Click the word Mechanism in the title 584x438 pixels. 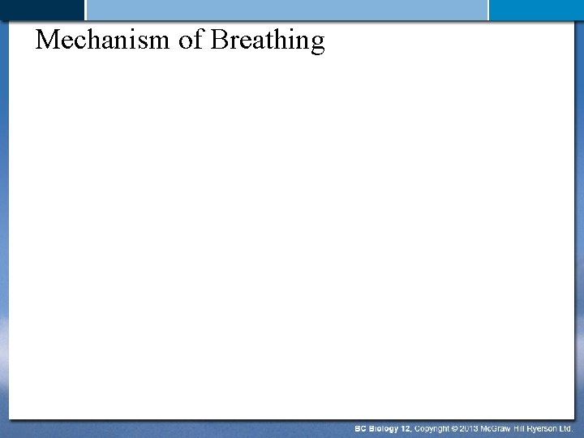[x=103, y=40]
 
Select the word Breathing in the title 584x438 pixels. [x=267, y=41]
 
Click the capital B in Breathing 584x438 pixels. [x=218, y=40]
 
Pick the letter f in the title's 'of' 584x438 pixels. [x=197, y=39]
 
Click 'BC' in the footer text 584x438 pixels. [x=361, y=427]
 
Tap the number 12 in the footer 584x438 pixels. [x=406, y=427]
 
